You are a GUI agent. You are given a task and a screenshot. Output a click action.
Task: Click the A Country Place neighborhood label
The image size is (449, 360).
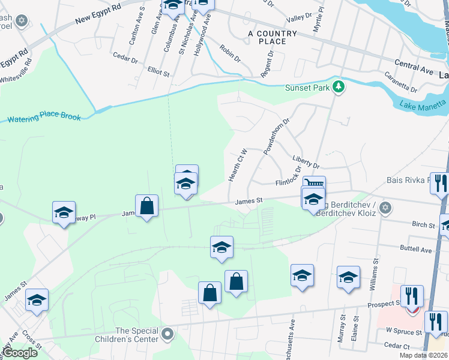pyautogui.click(x=273, y=37)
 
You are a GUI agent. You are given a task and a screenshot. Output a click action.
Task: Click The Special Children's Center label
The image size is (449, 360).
pyautogui.click(x=137, y=335)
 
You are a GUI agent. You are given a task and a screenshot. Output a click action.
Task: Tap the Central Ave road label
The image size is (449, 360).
pyautogui.click(x=414, y=66)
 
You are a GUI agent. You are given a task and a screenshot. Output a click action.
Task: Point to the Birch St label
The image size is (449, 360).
pyautogui.click(x=423, y=224)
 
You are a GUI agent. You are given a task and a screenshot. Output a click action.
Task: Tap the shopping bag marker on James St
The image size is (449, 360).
pyautogui.click(x=147, y=206)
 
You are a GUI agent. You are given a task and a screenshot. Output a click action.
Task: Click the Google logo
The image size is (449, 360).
pyautogui.click(x=20, y=353)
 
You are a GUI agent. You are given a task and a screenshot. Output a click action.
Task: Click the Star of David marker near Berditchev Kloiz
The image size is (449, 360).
pyautogui.click(x=386, y=208)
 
